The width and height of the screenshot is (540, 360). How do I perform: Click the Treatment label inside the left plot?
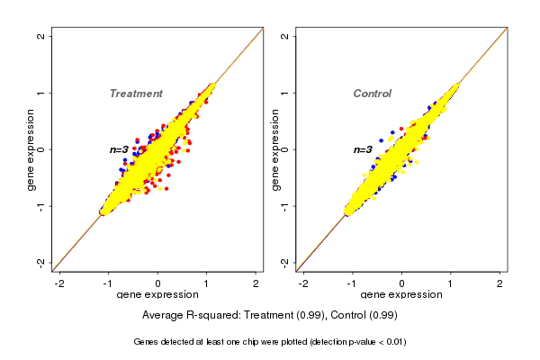tap(136, 94)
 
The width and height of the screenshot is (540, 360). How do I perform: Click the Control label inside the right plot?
tap(372, 94)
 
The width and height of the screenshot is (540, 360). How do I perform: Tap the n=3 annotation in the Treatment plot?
tap(119, 149)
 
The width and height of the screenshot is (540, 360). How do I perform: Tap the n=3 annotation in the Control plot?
tap(362, 149)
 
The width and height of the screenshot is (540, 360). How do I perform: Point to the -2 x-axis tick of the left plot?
tap(60, 284)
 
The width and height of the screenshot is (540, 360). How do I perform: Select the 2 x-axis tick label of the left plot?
tap(256, 284)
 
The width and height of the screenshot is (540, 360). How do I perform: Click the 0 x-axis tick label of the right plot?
tap(402, 284)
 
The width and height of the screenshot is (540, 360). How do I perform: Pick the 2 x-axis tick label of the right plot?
tap(500, 284)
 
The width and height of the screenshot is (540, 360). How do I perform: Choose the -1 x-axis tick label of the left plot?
tap(109, 284)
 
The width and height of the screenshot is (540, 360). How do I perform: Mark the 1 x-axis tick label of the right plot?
tap(451, 284)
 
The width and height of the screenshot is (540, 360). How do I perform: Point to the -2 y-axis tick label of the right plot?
tap(285, 262)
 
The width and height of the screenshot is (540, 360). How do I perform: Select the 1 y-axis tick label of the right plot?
tap(285, 93)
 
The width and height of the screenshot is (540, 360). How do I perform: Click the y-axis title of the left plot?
tap(31, 149)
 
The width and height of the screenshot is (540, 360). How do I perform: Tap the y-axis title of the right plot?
tap(274, 149)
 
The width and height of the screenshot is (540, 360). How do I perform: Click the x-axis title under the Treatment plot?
tap(157, 295)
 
